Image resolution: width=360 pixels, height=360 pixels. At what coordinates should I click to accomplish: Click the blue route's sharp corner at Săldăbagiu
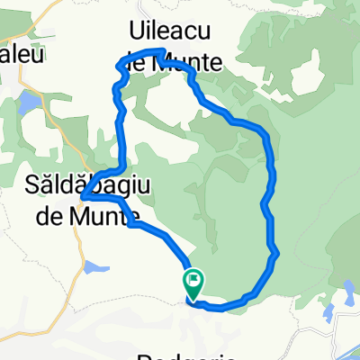pos(82,194)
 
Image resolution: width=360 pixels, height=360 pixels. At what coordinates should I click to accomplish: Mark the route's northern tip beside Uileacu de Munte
pos(162,51)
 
